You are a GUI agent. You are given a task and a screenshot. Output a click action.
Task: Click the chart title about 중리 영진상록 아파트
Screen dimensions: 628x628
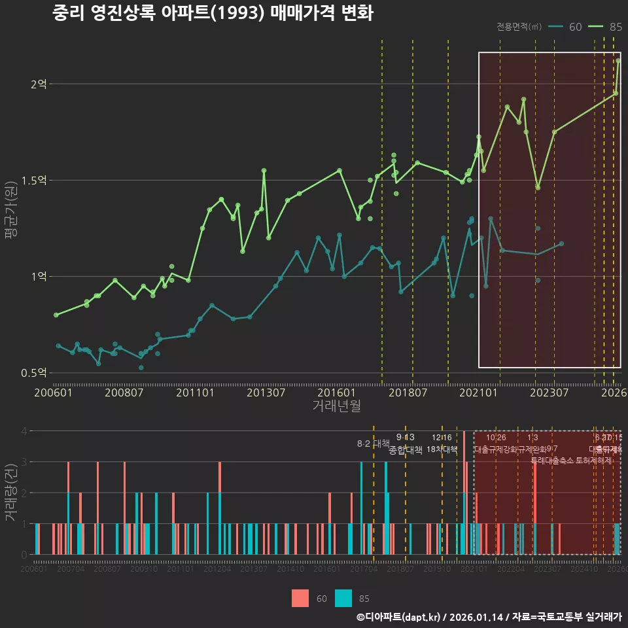tap(213, 13)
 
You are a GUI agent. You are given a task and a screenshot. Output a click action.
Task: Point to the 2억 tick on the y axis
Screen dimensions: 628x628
tap(39, 84)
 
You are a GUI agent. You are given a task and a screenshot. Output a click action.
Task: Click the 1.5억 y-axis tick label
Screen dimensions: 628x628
tap(35, 180)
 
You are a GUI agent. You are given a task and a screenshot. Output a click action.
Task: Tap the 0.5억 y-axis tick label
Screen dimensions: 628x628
tap(35, 373)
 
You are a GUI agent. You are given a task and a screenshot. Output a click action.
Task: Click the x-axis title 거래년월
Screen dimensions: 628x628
tap(336, 406)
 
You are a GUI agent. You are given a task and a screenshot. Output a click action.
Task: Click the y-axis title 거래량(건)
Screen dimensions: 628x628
tap(11, 493)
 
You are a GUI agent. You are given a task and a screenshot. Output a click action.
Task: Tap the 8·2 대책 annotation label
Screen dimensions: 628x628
tap(373, 444)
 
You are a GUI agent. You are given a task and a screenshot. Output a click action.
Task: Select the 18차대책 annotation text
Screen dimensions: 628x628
tap(442, 449)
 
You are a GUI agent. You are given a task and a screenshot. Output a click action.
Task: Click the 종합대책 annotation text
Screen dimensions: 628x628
tap(406, 450)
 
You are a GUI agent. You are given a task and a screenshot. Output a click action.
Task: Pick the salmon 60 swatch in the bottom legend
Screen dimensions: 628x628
tap(300, 598)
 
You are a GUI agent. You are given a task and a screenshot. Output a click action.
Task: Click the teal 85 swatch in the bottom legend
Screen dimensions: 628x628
tap(343, 598)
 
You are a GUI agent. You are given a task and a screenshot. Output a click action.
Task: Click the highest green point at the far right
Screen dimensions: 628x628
tap(618, 61)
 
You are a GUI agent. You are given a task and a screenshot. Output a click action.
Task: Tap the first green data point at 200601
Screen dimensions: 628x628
tap(56, 315)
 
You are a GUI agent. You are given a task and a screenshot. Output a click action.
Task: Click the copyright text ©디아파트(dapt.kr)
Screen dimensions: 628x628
tap(399, 617)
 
